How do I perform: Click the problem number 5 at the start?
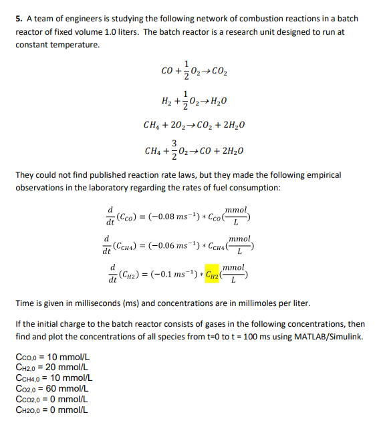[18, 19]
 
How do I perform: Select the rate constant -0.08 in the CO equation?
[173, 216]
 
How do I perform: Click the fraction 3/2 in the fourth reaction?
[174, 150]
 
